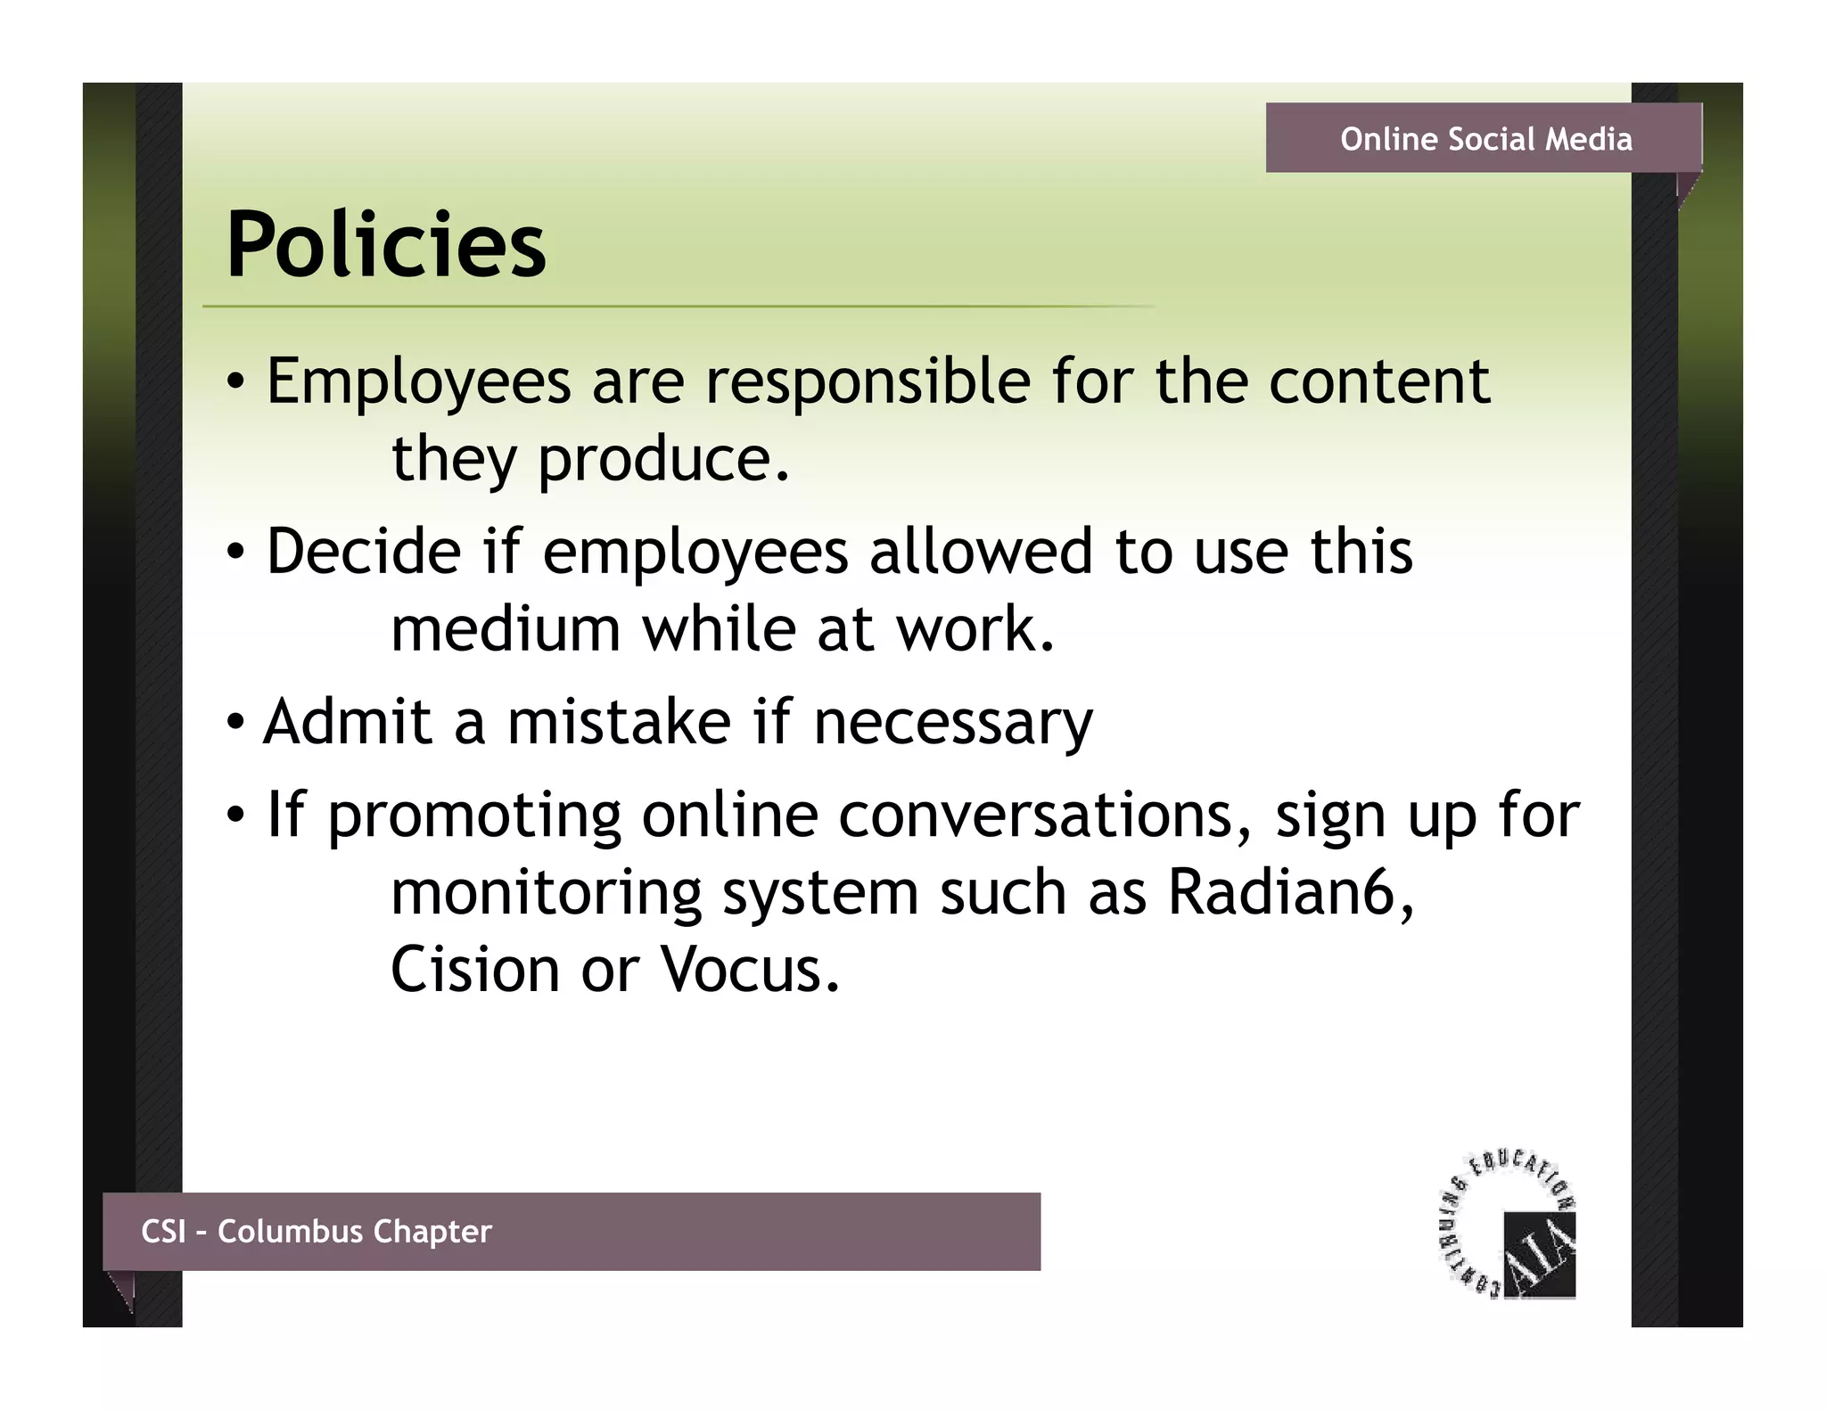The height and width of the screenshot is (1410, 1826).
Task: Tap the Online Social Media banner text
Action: pyautogui.click(x=1485, y=139)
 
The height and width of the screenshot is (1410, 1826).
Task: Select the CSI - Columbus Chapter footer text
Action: pyautogui.click(x=317, y=1232)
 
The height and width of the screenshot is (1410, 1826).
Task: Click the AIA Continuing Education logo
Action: pyautogui.click(x=1509, y=1227)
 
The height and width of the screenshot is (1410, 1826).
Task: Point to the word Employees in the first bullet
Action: pyautogui.click(x=418, y=381)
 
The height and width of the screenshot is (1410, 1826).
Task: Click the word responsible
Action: pyautogui.click(x=868, y=381)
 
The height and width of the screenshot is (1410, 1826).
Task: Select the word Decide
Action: pyautogui.click(x=364, y=552)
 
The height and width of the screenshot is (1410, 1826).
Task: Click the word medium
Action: pyautogui.click(x=505, y=629)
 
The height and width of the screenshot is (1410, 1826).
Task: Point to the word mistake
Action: pyautogui.click(x=619, y=721)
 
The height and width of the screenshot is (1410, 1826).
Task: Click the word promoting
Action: pyautogui.click(x=474, y=816)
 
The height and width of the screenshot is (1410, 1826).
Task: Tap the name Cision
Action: pyautogui.click(x=475, y=970)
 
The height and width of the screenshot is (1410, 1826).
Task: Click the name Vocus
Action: pyautogui.click(x=749, y=970)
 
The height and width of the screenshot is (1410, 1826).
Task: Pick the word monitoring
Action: pyautogui.click(x=546, y=894)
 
